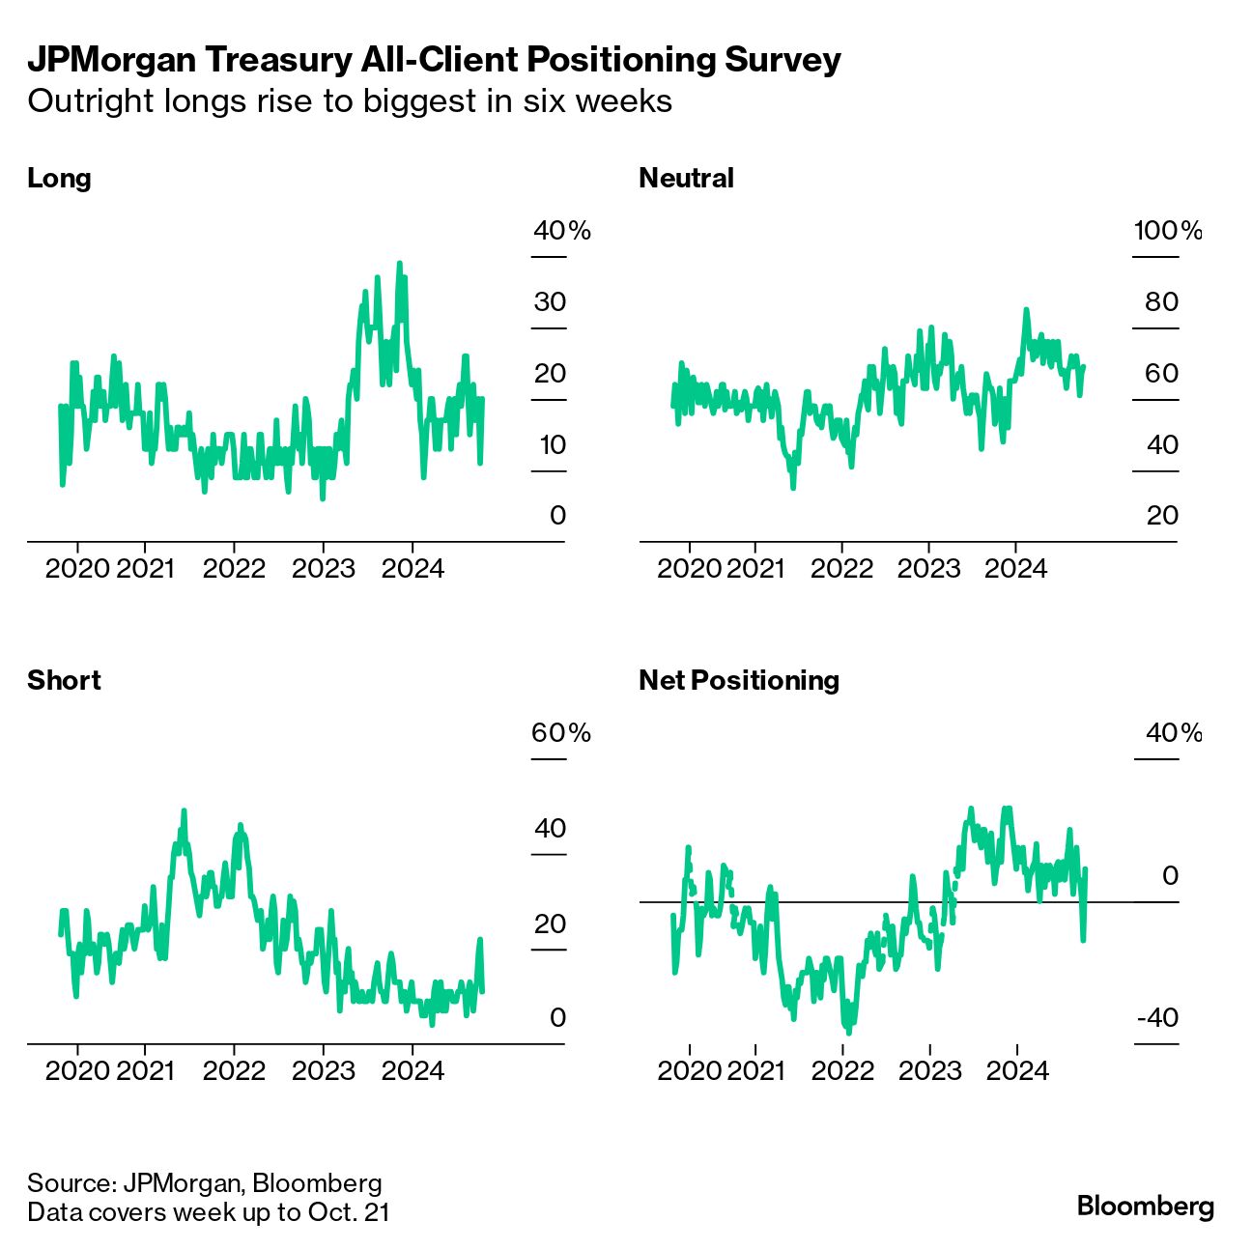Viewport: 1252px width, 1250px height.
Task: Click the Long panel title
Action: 59,179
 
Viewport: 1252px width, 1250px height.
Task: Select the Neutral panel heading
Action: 686,179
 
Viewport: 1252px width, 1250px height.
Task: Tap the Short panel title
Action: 64,680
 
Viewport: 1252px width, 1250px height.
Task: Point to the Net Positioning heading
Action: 739,680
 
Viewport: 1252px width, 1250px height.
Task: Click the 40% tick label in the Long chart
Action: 561,231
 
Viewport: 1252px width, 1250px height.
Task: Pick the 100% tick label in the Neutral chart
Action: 1167,231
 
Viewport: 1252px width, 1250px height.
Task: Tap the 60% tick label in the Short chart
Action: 560,733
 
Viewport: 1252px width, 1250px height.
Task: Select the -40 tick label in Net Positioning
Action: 1157,1017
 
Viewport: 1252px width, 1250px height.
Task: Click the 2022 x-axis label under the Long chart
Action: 234,568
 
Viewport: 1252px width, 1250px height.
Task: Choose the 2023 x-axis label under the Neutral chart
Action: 928,568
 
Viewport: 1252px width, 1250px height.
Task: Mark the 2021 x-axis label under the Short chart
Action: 145,1070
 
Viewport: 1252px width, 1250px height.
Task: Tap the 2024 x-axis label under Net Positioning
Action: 1016,1070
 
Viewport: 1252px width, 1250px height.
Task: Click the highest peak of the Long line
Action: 399,263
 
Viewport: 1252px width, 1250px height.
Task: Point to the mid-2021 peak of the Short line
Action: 184,811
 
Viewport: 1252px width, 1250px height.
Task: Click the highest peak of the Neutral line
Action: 1026,310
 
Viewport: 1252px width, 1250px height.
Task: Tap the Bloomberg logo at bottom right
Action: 1145,1207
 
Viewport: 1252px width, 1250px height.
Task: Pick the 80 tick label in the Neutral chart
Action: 1161,302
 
